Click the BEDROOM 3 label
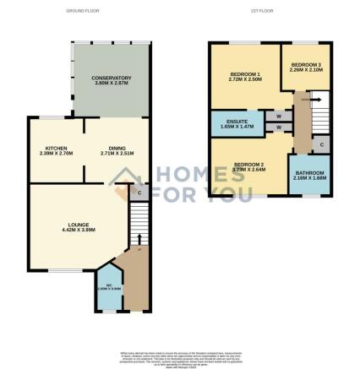[306, 68]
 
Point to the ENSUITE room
[233, 123]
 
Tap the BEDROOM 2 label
[248, 166]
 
